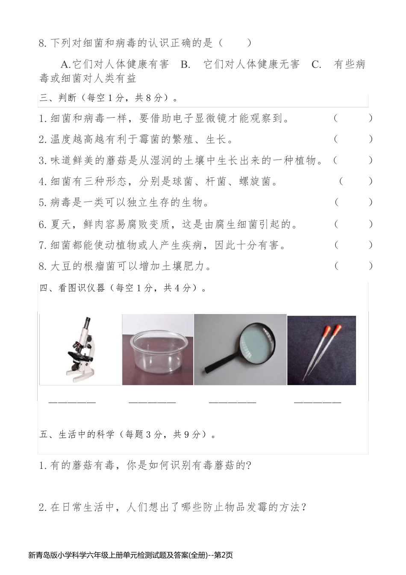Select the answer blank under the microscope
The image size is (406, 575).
[72, 402]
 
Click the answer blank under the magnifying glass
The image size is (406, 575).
[232, 402]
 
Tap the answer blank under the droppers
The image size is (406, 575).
[317, 402]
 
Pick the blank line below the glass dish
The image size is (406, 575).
[152, 402]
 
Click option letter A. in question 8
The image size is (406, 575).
[65, 65]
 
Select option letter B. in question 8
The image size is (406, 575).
[185, 65]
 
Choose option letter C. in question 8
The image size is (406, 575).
[316, 65]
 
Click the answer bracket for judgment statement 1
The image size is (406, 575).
[353, 118]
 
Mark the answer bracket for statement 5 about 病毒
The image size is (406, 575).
[353, 202]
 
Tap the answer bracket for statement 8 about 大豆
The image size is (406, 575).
[353, 266]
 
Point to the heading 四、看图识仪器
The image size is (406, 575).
[72, 288]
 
